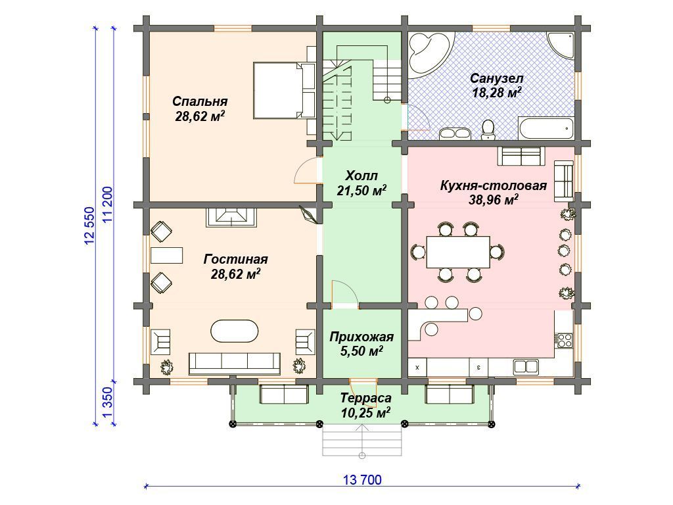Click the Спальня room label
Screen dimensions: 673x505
(200, 102)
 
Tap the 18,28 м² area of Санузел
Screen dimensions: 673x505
(497, 92)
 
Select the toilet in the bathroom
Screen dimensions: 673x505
(488, 130)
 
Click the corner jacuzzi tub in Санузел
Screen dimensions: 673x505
(429, 53)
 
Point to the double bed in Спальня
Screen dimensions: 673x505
(284, 90)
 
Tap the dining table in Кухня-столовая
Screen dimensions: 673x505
(458, 252)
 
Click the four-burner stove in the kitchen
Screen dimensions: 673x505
(565, 340)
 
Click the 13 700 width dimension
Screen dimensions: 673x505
(362, 479)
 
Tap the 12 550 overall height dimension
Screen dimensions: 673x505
(89, 226)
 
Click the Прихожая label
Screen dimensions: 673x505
(361, 337)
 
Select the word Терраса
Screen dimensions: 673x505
(366, 398)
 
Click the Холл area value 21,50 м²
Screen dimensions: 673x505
(361, 191)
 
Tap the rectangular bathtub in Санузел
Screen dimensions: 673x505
(545, 128)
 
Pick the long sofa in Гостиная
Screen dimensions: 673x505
(235, 363)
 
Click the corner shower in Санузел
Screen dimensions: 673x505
(561, 46)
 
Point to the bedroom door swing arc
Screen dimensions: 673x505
(301, 169)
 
